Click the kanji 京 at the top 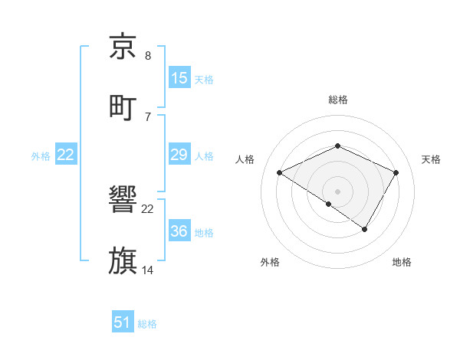[123, 47]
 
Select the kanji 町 [123, 106]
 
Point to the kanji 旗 [123, 260]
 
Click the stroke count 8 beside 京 [148, 57]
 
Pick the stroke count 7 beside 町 [148, 116]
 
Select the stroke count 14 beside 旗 [148, 270]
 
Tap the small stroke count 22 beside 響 [148, 209]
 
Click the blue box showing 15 [179, 78]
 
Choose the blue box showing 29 [179, 155]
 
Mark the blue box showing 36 [179, 231]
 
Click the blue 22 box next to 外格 [66, 155]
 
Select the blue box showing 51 [123, 322]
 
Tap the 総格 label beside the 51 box [147, 324]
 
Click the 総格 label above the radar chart [337, 100]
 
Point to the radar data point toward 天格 [396, 172]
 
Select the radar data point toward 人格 [280, 172]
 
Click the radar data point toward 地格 [365, 229]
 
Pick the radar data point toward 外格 [329, 204]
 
